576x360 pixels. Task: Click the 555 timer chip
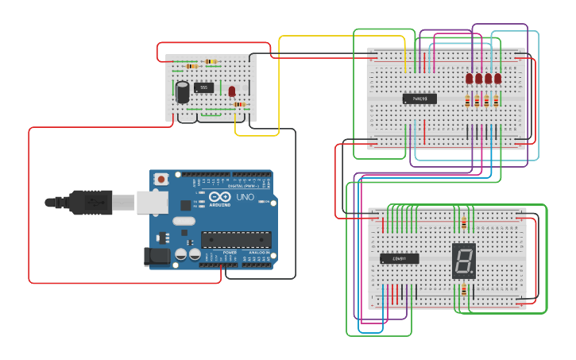(204, 87)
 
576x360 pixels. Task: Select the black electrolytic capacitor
(183, 92)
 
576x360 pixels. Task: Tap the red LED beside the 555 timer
(232, 91)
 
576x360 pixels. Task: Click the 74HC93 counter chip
(419, 99)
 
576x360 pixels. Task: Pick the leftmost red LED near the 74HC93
(470, 79)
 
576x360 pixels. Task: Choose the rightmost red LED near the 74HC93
(498, 79)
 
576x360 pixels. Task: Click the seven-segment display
(464, 260)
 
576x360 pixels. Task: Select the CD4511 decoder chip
(399, 258)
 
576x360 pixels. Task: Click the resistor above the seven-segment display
(464, 221)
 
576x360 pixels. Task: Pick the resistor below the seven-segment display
(464, 291)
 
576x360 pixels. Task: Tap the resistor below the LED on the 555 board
(238, 105)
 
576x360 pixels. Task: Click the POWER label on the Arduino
(229, 253)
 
